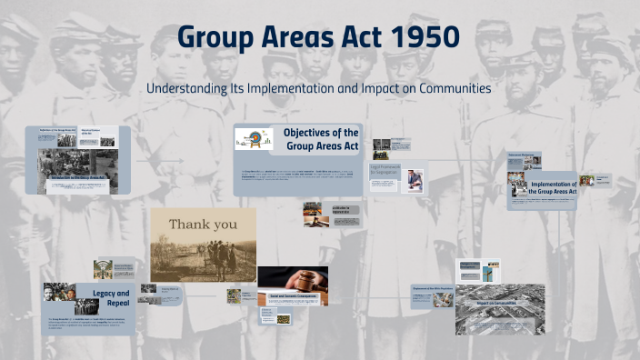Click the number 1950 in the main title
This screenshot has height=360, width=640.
point(423,38)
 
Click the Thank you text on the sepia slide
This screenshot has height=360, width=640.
point(203,224)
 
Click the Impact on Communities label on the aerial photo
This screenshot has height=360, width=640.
point(492,301)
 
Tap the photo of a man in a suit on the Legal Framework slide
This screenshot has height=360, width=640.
point(414,179)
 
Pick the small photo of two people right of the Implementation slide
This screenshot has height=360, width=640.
point(587,181)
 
